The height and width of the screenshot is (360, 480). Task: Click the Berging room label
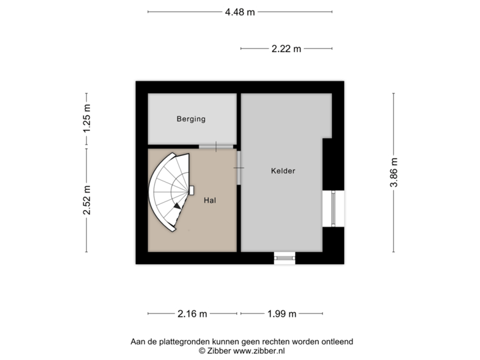pos(191,119)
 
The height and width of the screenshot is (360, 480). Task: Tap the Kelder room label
pos(283,171)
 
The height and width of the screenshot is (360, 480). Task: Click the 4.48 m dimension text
pos(240,11)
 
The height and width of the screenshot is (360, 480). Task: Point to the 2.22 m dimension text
pos(287,48)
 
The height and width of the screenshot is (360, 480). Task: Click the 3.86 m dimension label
pos(394,173)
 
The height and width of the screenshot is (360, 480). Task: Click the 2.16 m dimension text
pos(193,313)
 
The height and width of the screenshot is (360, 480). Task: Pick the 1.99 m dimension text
pos(281,313)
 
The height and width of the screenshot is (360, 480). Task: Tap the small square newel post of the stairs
pos(192,190)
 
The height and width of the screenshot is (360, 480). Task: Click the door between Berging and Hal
pos(216,146)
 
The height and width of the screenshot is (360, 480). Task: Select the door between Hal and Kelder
pos(239,167)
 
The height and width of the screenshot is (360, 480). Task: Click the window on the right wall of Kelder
pos(334,209)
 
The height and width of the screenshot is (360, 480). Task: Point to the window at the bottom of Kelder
pos(285,257)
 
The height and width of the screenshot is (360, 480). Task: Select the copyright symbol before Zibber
pos(201,349)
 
